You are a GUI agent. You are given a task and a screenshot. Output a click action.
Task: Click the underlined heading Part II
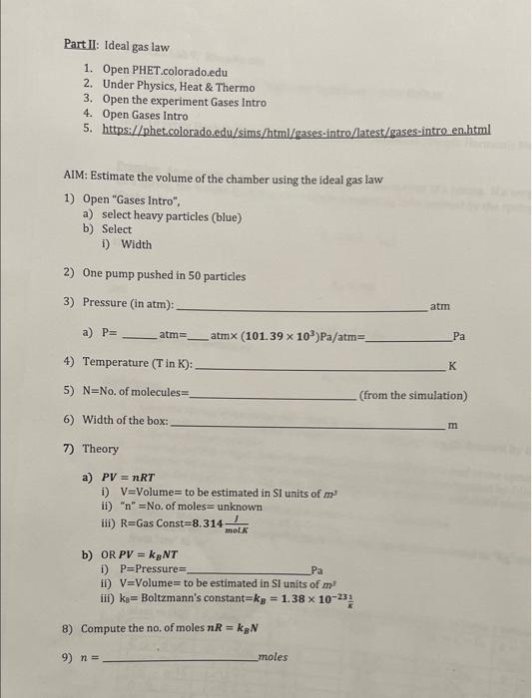[x=81, y=45]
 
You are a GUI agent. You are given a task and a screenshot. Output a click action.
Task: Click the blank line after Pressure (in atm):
[x=299, y=306]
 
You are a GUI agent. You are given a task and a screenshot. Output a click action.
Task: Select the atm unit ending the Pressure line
[x=441, y=306]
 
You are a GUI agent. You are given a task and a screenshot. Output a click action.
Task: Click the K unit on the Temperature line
[x=453, y=366]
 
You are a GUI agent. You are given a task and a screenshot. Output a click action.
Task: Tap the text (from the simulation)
[x=412, y=395]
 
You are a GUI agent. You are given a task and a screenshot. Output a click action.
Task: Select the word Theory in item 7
[x=100, y=449]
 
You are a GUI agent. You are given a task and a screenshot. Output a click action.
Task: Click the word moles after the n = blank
[x=272, y=657]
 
